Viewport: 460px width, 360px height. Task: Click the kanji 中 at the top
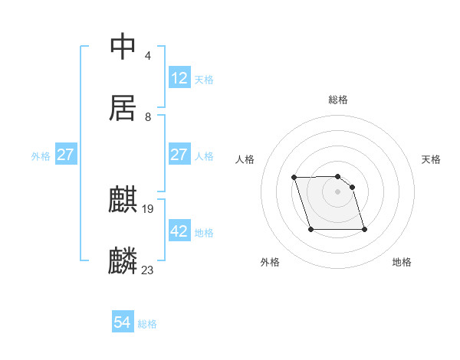pyautogui.click(x=123, y=47)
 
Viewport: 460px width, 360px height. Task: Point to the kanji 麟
pyautogui.click(x=123, y=261)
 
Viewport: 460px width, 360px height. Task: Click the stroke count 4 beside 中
pyautogui.click(x=147, y=56)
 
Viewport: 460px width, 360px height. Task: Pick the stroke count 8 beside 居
pyautogui.click(x=147, y=117)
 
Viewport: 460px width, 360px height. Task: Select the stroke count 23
pyautogui.click(x=148, y=270)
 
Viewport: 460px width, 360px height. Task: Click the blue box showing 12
pyautogui.click(x=179, y=77)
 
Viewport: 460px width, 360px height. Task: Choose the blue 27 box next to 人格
pyautogui.click(x=179, y=154)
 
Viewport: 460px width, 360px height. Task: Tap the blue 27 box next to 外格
pyautogui.click(x=66, y=155)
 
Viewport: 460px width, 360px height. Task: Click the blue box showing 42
pyautogui.click(x=179, y=231)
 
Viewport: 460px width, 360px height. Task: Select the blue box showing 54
pyautogui.click(x=123, y=322)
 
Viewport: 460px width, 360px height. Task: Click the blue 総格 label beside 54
pyautogui.click(x=147, y=324)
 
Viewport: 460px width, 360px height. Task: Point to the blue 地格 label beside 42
pyautogui.click(x=204, y=232)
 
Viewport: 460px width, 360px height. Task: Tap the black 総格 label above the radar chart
pyautogui.click(x=338, y=100)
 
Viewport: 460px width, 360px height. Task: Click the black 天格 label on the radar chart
pyautogui.click(x=431, y=159)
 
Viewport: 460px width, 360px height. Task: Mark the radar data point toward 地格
pyautogui.click(x=364, y=230)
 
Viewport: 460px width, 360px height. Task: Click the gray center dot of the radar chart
pyautogui.click(x=337, y=191)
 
